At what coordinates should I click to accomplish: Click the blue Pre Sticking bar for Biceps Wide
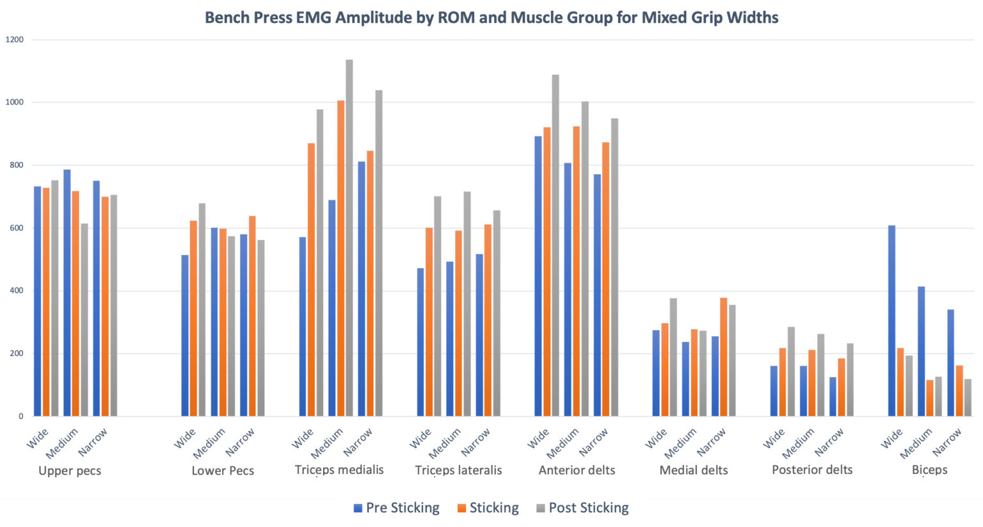tap(891, 320)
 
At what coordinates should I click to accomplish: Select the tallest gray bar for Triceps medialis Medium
tap(349, 238)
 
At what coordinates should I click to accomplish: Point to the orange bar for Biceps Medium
tap(930, 398)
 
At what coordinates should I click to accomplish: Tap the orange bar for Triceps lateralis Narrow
tap(488, 320)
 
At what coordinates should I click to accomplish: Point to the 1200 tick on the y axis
tap(14, 40)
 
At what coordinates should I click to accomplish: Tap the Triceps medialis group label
tap(339, 469)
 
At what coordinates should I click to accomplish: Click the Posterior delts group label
tap(812, 469)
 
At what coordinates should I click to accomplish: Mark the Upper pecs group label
tap(70, 471)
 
